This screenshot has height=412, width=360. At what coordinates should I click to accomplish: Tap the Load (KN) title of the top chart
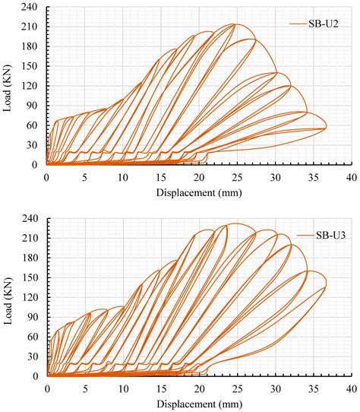click(8, 87)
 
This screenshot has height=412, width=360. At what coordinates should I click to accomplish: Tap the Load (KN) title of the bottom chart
click(8, 298)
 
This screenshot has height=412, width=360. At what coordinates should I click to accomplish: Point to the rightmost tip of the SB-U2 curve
click(326, 127)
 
